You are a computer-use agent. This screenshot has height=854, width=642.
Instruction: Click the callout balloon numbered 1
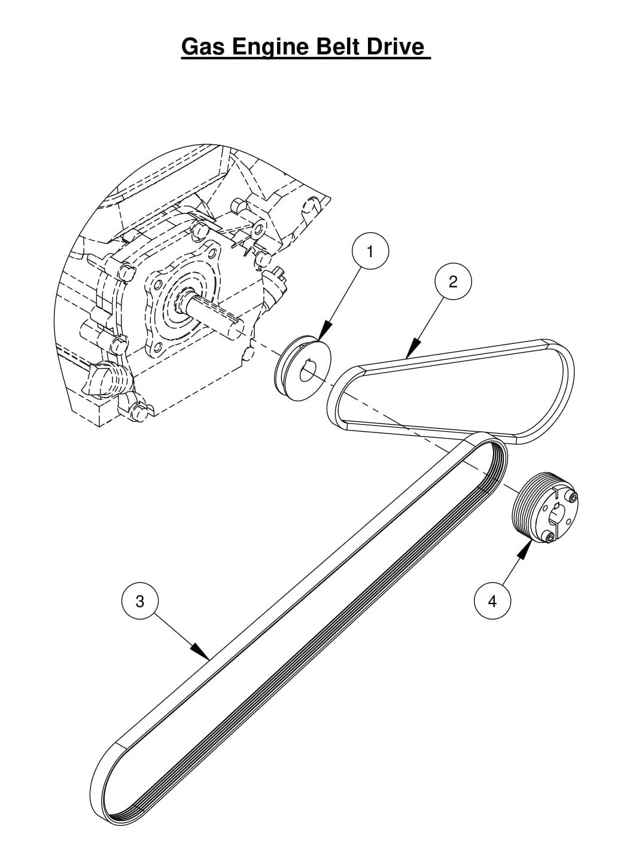(x=370, y=252)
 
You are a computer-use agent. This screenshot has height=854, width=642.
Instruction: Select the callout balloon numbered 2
(x=452, y=281)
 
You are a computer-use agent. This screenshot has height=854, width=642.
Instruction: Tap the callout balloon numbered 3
(x=140, y=601)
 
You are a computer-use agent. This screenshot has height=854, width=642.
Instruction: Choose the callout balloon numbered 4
(x=492, y=601)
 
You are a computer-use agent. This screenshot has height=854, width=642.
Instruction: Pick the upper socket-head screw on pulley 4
(x=574, y=497)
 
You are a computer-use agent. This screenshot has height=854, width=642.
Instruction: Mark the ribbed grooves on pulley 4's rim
(x=525, y=505)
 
